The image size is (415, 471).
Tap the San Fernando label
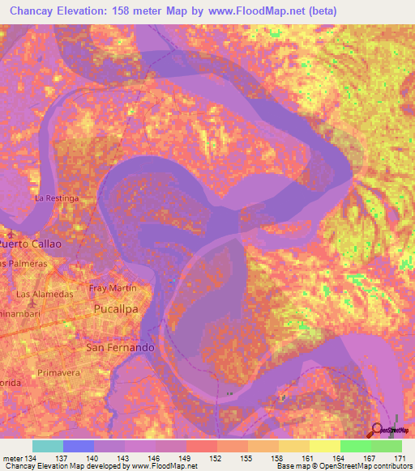click(x=120, y=347)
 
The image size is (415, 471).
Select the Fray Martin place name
click(x=112, y=288)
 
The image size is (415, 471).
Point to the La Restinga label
click(x=56, y=197)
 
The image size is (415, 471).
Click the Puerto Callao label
click(x=31, y=243)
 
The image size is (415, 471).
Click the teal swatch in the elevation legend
click(x=47, y=446)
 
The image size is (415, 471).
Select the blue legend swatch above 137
click(x=78, y=446)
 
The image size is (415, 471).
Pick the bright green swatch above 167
click(x=355, y=446)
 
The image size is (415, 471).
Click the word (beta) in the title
click(x=318, y=11)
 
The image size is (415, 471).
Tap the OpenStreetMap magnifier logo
click(x=377, y=429)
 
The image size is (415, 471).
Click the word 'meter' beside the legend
click(x=14, y=458)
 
